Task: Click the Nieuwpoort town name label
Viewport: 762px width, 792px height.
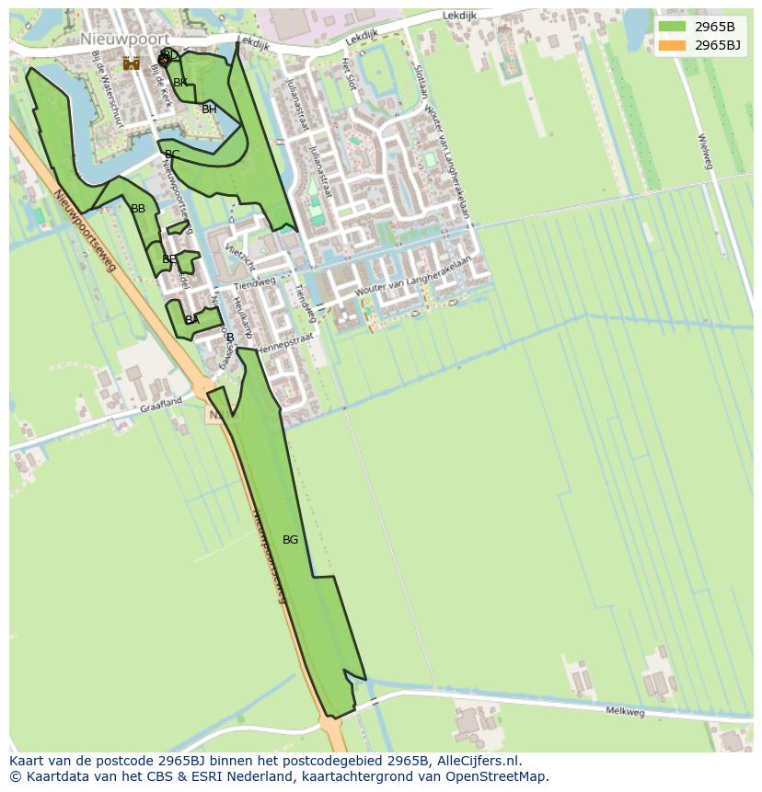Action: click(x=124, y=40)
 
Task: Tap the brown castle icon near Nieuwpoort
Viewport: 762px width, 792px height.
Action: click(x=132, y=63)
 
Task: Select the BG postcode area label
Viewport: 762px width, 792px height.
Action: click(x=290, y=540)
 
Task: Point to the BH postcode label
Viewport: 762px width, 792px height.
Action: click(x=209, y=109)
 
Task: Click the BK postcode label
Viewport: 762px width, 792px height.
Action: click(x=180, y=83)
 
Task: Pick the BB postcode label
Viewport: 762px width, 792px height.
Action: click(x=138, y=209)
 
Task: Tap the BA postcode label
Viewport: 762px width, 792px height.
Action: click(x=191, y=320)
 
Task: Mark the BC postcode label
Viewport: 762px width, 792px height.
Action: click(x=172, y=155)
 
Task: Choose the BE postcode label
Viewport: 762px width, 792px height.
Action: click(x=169, y=259)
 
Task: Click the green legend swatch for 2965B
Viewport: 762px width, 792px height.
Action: click(x=672, y=26)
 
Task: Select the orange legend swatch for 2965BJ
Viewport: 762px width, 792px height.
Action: click(x=672, y=44)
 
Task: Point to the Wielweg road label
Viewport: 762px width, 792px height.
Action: click(x=705, y=152)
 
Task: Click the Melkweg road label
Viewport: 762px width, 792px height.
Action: click(x=625, y=711)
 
